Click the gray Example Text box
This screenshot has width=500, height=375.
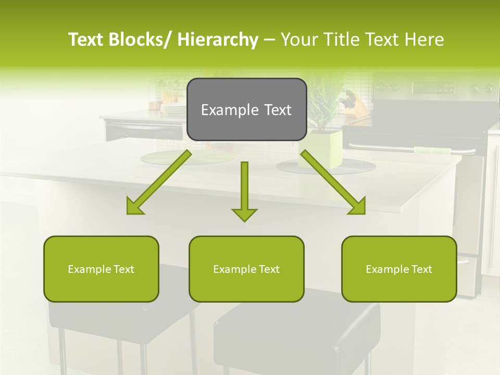tap(246, 109)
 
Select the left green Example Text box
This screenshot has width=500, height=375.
tap(101, 269)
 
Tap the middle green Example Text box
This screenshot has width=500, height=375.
tap(246, 269)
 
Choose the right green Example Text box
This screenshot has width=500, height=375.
tap(399, 269)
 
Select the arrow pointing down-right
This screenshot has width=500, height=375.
tap(333, 182)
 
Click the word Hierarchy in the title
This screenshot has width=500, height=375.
tap(218, 40)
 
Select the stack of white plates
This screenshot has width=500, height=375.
tap(173, 109)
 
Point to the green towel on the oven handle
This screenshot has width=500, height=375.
tap(432, 151)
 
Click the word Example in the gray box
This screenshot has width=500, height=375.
tap(223, 110)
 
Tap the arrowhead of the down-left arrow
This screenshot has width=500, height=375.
tap(134, 207)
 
